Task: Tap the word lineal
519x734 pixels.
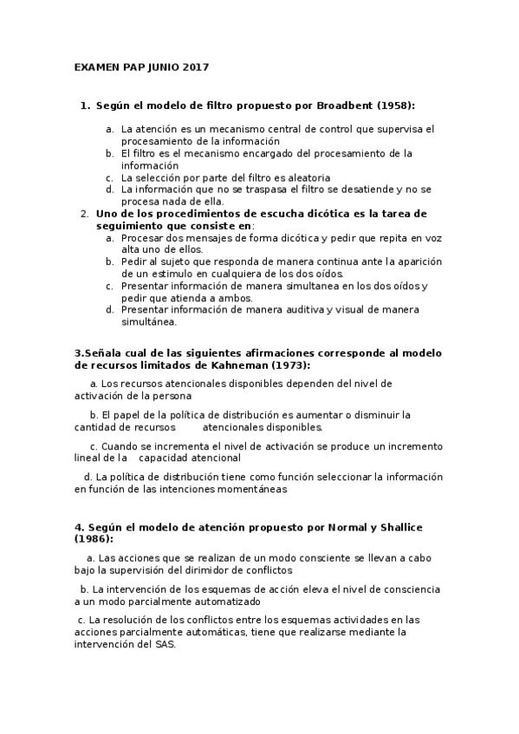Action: pyautogui.click(x=88, y=457)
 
